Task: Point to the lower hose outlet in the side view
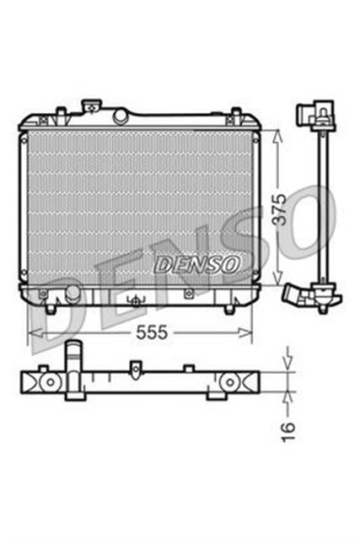[295, 298]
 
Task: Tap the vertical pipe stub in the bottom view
[75, 358]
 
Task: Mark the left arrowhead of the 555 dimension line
[32, 333]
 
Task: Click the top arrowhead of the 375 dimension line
[279, 133]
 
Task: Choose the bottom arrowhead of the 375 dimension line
[279, 282]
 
